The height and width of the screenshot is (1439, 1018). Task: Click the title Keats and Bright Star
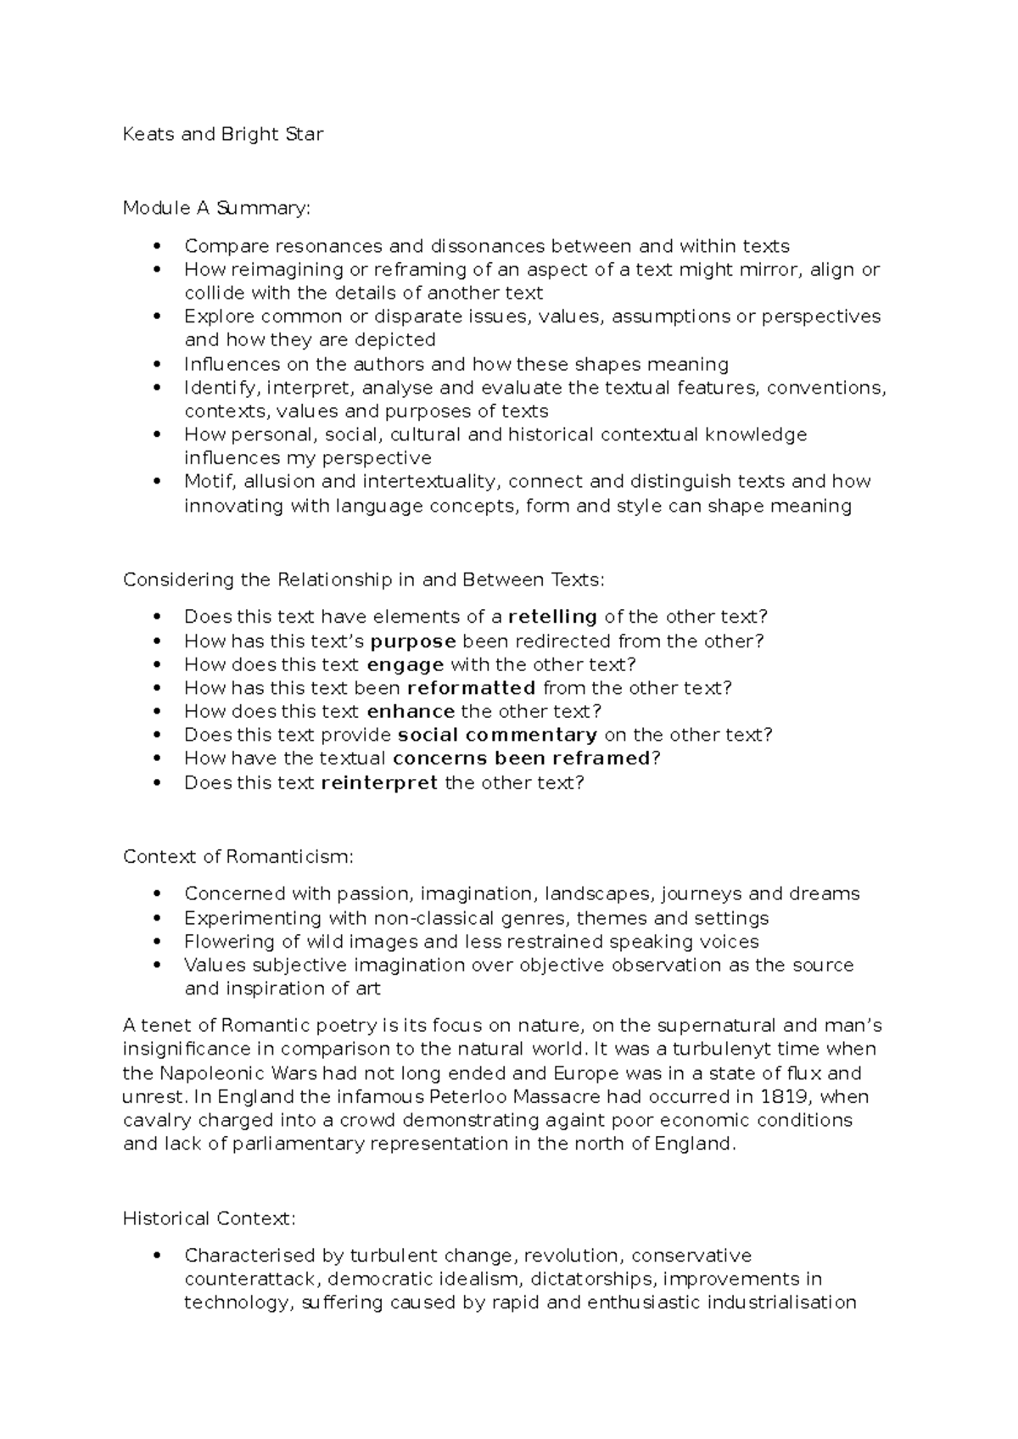223,134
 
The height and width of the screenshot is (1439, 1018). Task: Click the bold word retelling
552,617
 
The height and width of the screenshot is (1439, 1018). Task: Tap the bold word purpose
414,641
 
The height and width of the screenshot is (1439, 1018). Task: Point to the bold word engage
406,664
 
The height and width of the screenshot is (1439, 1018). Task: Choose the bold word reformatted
472,688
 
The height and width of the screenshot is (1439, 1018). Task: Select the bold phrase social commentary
498,735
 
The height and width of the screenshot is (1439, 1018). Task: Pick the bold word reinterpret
379,782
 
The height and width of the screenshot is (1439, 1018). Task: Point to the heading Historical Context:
210,1218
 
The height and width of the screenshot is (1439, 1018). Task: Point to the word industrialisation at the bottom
775,1302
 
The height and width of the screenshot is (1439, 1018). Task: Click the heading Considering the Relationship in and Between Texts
364,580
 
